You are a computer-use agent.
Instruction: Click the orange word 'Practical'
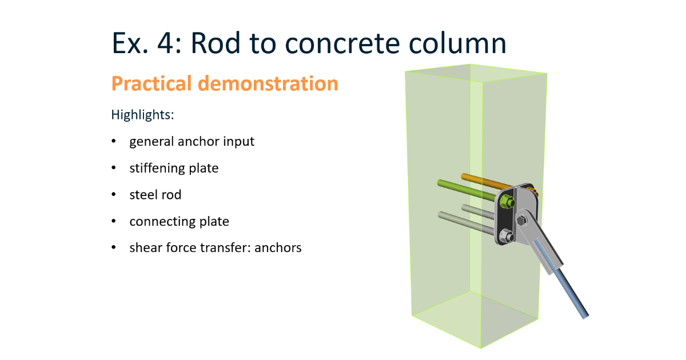point(151,84)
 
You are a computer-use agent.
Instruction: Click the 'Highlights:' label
point(142,114)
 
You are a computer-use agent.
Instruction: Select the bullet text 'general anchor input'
point(192,141)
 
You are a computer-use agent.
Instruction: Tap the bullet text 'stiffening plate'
point(174,168)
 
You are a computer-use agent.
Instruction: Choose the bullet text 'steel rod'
point(155,195)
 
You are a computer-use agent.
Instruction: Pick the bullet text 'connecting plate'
point(179,221)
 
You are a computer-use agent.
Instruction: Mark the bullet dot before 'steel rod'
point(114,195)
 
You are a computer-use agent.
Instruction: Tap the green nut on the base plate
point(506,202)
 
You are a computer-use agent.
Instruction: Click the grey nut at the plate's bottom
point(505,235)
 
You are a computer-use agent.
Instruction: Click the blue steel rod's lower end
point(584,314)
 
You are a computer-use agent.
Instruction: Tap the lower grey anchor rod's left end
point(442,215)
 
